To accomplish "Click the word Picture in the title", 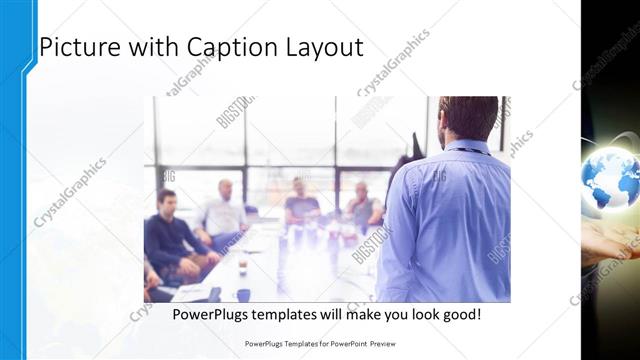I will pos(81,46).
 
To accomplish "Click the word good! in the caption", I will pos(459,314).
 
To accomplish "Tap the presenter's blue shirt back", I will pos(444,220).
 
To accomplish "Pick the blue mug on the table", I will pos(243,294).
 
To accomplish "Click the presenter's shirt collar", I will pos(466,146).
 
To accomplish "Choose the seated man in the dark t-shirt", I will pos(301,205).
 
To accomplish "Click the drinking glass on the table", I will pos(241,264).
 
